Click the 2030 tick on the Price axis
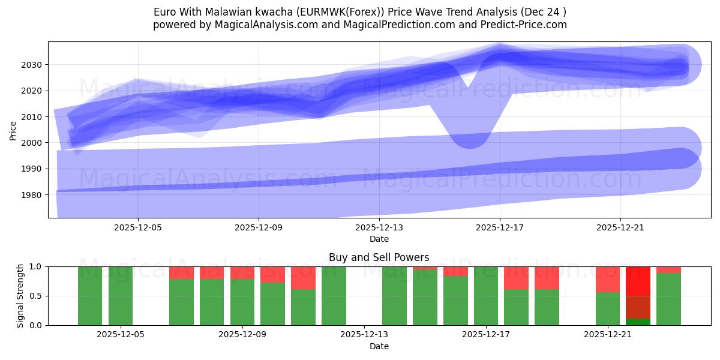pyautogui.click(x=34, y=65)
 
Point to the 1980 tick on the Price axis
pyautogui.click(x=34, y=195)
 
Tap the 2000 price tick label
pyautogui.click(x=34, y=143)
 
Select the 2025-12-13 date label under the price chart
pyautogui.click(x=379, y=228)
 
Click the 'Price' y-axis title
pyautogui.click(x=13, y=130)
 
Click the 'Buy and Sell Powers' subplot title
pyautogui.click(x=379, y=257)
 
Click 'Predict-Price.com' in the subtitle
pyautogui.click(x=522, y=25)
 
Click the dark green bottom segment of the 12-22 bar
pyautogui.click(x=638, y=322)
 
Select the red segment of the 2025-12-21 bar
pyautogui.click(x=608, y=279)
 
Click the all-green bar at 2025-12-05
pyautogui.click(x=121, y=296)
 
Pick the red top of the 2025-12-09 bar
pyautogui.click(x=242, y=272)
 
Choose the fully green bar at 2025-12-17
pyautogui.click(x=486, y=296)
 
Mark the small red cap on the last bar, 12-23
pyautogui.click(x=668, y=269)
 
